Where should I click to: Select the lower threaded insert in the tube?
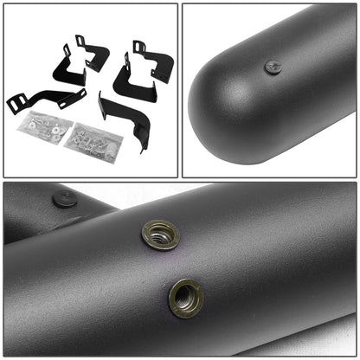(185, 297)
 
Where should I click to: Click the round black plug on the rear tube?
(64, 198)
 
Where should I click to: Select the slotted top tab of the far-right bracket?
(139, 47)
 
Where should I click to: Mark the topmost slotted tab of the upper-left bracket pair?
(80, 41)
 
